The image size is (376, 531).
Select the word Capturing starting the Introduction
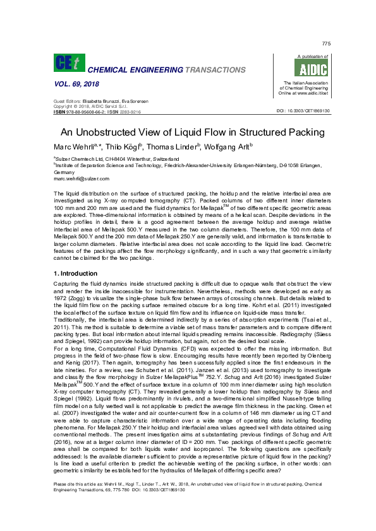(66, 284)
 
